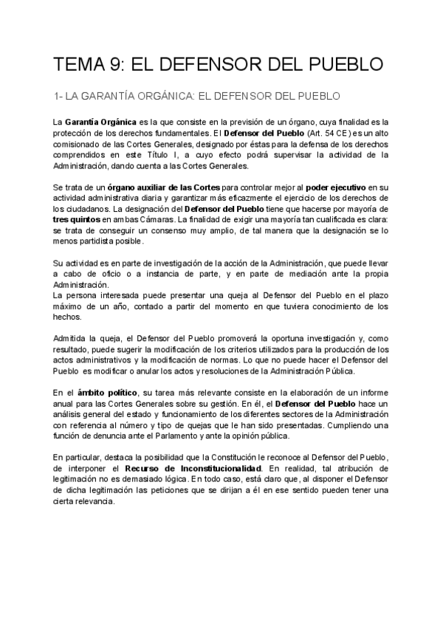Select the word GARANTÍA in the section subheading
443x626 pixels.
[x=127, y=96]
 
